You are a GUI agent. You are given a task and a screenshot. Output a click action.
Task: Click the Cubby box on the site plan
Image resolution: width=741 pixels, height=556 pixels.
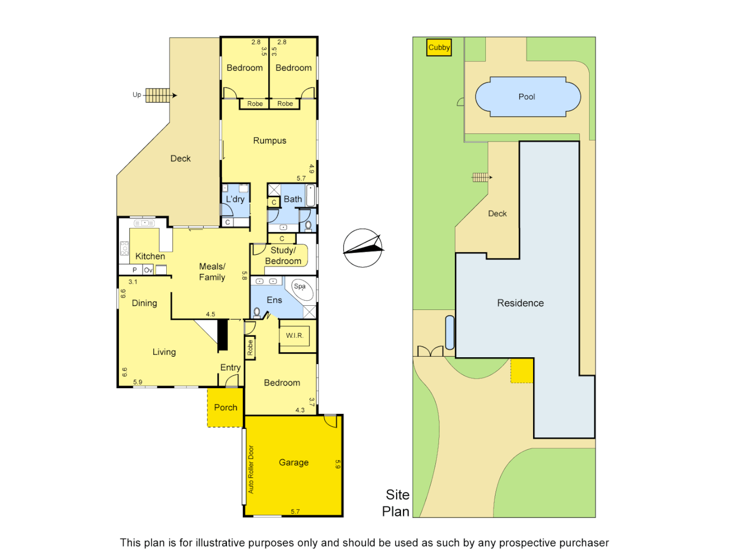[x=439, y=47]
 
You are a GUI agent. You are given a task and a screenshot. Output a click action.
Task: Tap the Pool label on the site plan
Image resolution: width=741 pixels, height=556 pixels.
[x=526, y=97]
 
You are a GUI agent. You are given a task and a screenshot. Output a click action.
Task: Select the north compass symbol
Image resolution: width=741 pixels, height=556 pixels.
[x=363, y=248]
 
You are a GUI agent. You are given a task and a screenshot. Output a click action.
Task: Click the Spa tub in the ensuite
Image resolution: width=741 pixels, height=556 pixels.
[x=302, y=289]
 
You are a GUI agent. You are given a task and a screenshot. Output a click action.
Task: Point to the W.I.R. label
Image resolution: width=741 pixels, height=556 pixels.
[x=295, y=336]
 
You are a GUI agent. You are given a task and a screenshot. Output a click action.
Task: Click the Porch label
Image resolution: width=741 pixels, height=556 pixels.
[x=225, y=407]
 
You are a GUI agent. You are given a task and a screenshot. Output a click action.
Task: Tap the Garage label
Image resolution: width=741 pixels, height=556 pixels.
[x=293, y=462]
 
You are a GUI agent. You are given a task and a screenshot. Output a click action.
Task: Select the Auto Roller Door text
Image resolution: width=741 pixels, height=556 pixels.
[x=251, y=469]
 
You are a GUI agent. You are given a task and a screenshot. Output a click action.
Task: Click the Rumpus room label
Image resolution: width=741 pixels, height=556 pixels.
[x=269, y=141]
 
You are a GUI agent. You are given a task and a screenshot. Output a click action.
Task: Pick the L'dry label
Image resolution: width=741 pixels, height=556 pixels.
[x=235, y=199]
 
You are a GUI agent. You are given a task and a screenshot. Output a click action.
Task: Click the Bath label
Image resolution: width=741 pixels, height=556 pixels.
[x=293, y=199]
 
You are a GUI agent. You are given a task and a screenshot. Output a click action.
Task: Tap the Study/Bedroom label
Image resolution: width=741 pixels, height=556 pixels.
[x=283, y=255]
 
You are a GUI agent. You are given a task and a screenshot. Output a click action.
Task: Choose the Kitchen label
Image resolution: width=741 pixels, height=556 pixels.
[x=150, y=256]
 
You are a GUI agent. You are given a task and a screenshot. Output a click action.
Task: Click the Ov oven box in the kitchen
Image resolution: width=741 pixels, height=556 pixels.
[x=148, y=270]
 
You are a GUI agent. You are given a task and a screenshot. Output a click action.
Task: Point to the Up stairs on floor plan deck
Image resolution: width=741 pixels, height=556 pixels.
[x=157, y=95]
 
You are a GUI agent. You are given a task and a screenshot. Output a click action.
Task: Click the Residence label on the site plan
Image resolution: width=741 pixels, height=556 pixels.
[x=520, y=303]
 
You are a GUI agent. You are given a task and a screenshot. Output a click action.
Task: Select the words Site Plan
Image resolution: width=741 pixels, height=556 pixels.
[x=396, y=503]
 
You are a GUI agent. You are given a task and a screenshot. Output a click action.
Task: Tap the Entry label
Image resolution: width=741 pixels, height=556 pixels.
[x=230, y=368]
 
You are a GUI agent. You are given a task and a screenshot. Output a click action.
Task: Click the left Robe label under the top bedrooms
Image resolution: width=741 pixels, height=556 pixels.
[x=255, y=104]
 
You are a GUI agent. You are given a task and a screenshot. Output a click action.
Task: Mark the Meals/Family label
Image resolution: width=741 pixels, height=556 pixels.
[x=212, y=272]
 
